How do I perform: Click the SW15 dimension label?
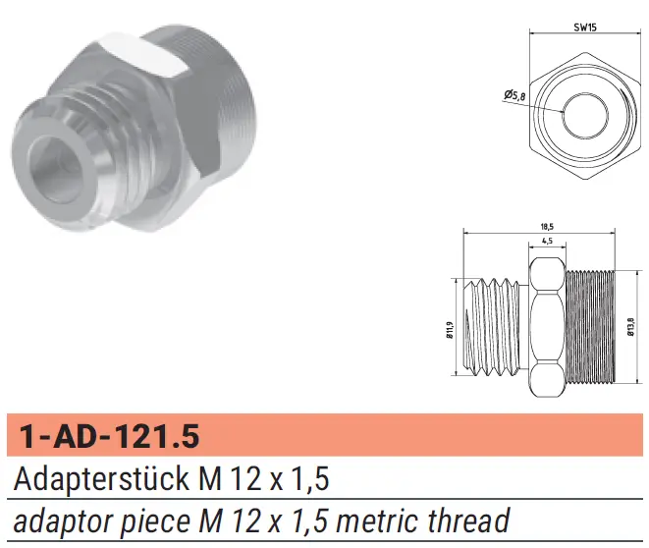click(585, 27)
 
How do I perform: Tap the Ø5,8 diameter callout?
click(514, 95)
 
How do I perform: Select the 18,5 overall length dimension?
click(547, 227)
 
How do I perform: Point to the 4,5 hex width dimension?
click(547, 241)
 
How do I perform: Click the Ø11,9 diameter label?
click(451, 330)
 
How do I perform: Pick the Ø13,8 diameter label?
click(630, 327)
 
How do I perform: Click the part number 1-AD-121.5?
click(110, 436)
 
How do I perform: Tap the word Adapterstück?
click(102, 479)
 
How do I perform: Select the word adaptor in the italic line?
click(63, 521)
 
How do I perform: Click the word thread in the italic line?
click(468, 520)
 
